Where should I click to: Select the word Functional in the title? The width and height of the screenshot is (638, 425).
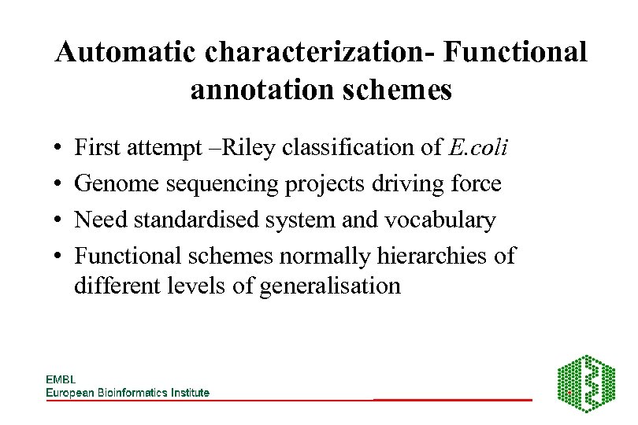(x=515, y=53)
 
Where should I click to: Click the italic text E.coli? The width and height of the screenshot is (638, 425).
(x=480, y=147)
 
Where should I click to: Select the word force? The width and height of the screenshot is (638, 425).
(x=473, y=184)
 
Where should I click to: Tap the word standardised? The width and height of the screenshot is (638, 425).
(x=196, y=220)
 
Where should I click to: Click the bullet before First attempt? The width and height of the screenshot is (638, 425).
(x=60, y=148)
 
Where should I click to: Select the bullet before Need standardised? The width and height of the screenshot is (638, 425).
(x=60, y=221)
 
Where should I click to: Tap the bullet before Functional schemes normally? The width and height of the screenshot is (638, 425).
(x=60, y=257)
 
